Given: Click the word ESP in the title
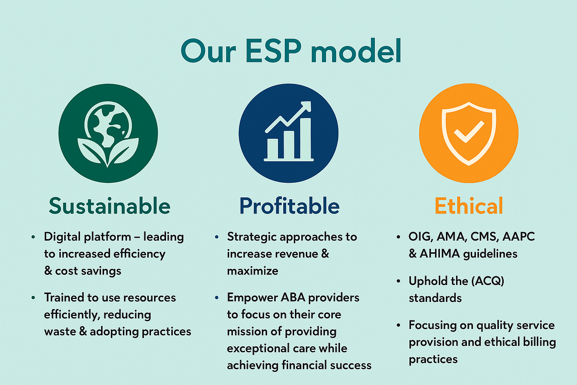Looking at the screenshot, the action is (273, 51).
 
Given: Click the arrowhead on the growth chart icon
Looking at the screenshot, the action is (306, 106).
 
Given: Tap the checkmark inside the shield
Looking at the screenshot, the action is (469, 132).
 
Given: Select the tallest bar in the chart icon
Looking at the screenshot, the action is (305, 138).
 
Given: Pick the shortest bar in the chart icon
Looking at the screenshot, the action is (272, 149).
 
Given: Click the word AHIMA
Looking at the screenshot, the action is (440, 254).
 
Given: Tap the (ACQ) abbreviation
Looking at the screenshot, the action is (488, 281).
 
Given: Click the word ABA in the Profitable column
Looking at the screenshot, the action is (293, 297).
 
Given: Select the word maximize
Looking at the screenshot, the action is (252, 271).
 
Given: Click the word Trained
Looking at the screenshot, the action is (64, 297).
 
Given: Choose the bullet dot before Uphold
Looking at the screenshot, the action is (399, 281).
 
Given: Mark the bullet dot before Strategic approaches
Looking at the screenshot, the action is (217, 237).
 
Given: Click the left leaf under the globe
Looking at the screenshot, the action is (92, 150).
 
